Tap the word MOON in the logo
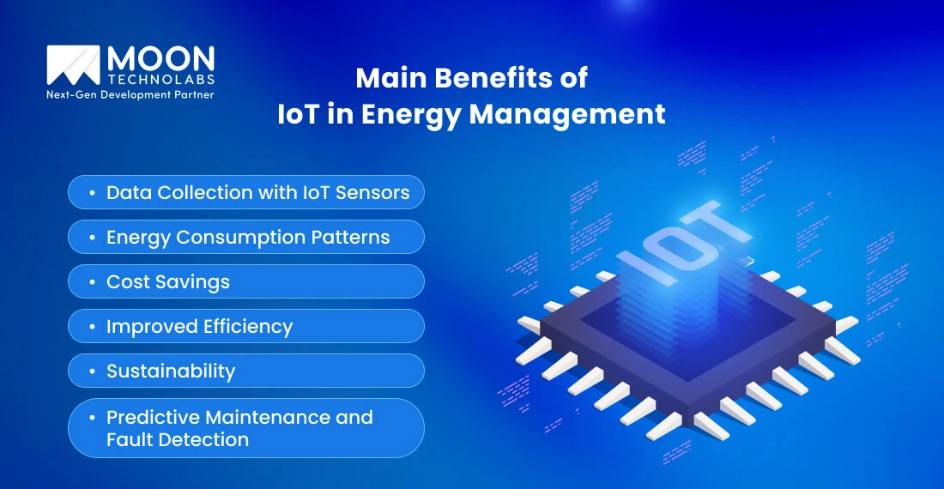point(160,59)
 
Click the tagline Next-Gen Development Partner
point(130,94)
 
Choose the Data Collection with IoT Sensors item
point(246,192)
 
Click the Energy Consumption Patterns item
point(246,237)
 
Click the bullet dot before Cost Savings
point(91,282)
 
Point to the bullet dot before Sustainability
point(91,371)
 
